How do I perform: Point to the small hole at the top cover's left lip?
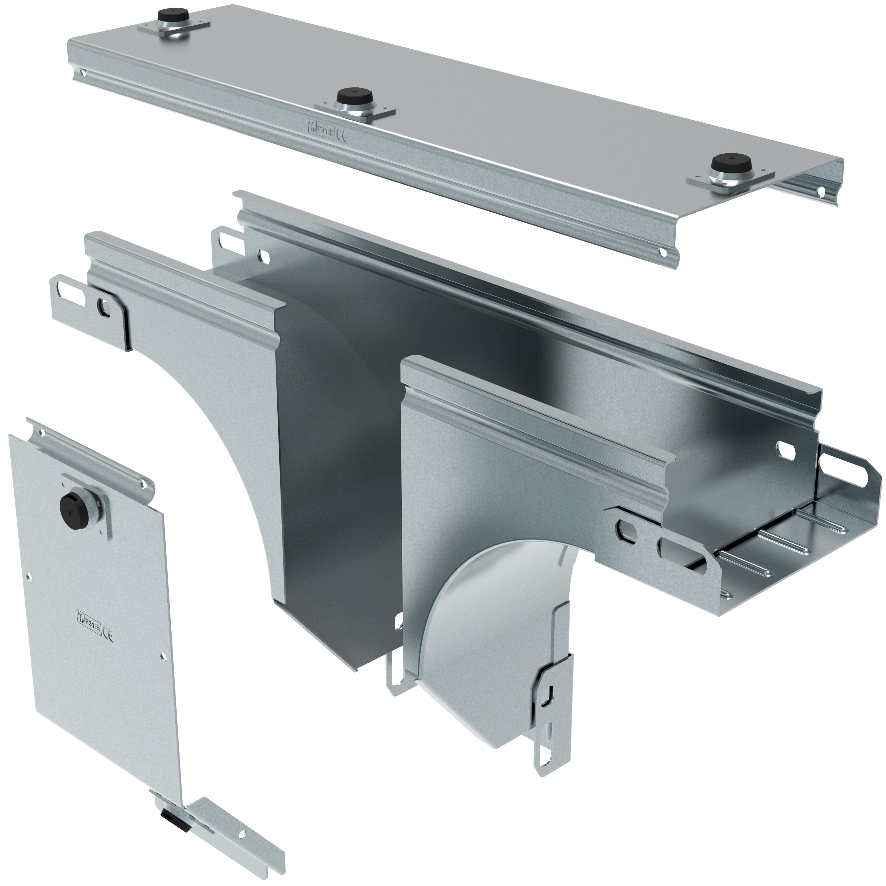click(83, 72)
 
